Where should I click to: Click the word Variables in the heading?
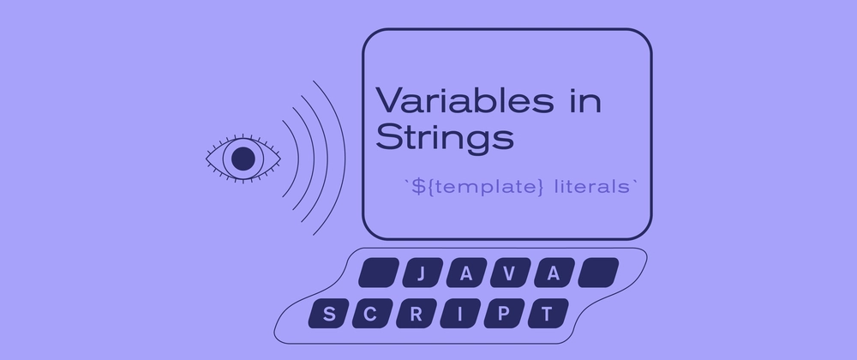click(464, 100)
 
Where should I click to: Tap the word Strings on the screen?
click(445, 138)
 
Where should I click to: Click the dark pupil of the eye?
click(243, 159)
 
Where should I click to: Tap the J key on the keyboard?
click(422, 273)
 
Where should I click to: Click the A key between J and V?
click(466, 273)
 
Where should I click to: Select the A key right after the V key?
click(554, 273)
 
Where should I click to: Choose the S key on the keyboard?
click(328, 314)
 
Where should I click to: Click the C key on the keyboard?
click(372, 314)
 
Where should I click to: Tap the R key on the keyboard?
click(417, 314)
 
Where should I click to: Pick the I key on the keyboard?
click(460, 314)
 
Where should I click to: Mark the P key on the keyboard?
click(504, 314)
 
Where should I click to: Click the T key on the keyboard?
click(548, 314)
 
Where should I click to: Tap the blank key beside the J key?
click(378, 273)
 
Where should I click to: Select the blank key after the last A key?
click(598, 273)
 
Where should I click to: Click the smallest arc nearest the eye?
click(299, 159)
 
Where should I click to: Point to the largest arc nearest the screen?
click(345, 159)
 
